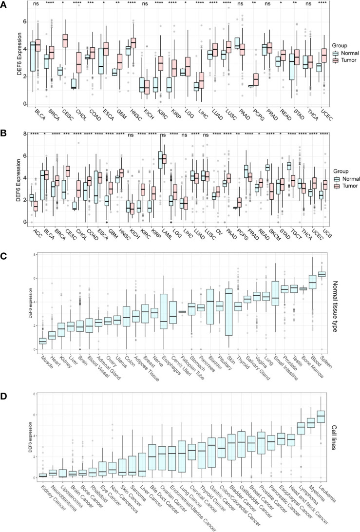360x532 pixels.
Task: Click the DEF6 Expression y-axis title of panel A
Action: [8, 58]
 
